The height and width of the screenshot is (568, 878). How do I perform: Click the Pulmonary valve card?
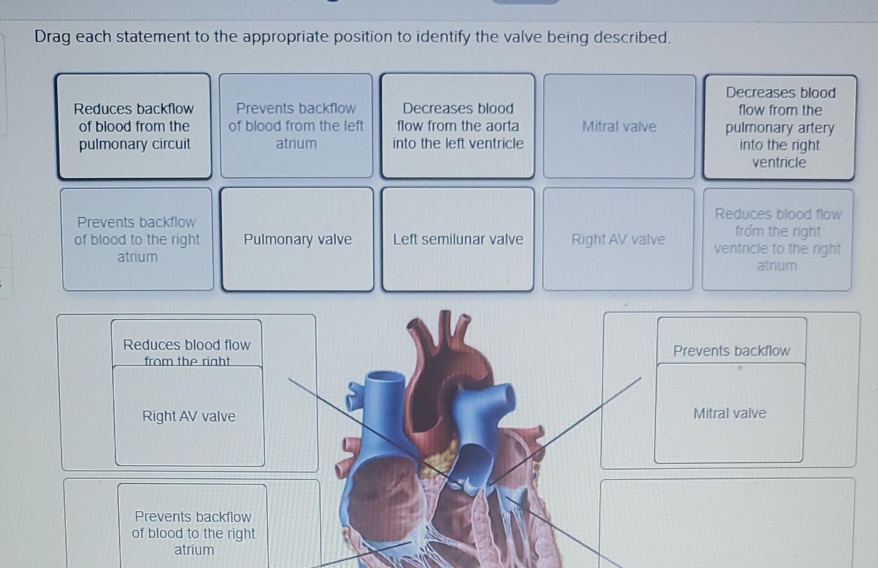[x=297, y=239]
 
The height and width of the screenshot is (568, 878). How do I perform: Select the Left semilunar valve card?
[x=458, y=239]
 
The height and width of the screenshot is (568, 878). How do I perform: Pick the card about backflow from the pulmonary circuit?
[x=134, y=126]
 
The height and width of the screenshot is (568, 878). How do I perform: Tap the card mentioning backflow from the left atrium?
[x=296, y=126]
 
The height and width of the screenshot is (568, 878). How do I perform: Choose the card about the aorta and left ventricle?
[x=458, y=126]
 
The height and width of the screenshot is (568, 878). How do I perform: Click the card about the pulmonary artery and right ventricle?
[x=780, y=127]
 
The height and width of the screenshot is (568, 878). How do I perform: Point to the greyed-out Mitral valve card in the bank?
[x=619, y=127]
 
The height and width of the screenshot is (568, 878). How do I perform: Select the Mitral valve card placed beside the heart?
[x=729, y=413]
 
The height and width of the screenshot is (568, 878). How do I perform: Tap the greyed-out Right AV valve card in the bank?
[x=618, y=239]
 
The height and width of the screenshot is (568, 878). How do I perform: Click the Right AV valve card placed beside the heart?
[x=189, y=417]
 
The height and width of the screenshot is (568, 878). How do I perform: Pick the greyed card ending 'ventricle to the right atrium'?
[x=777, y=240]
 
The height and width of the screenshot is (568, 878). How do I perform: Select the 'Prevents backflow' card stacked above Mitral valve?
[x=731, y=350]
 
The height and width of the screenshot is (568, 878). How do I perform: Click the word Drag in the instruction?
[x=52, y=37]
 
